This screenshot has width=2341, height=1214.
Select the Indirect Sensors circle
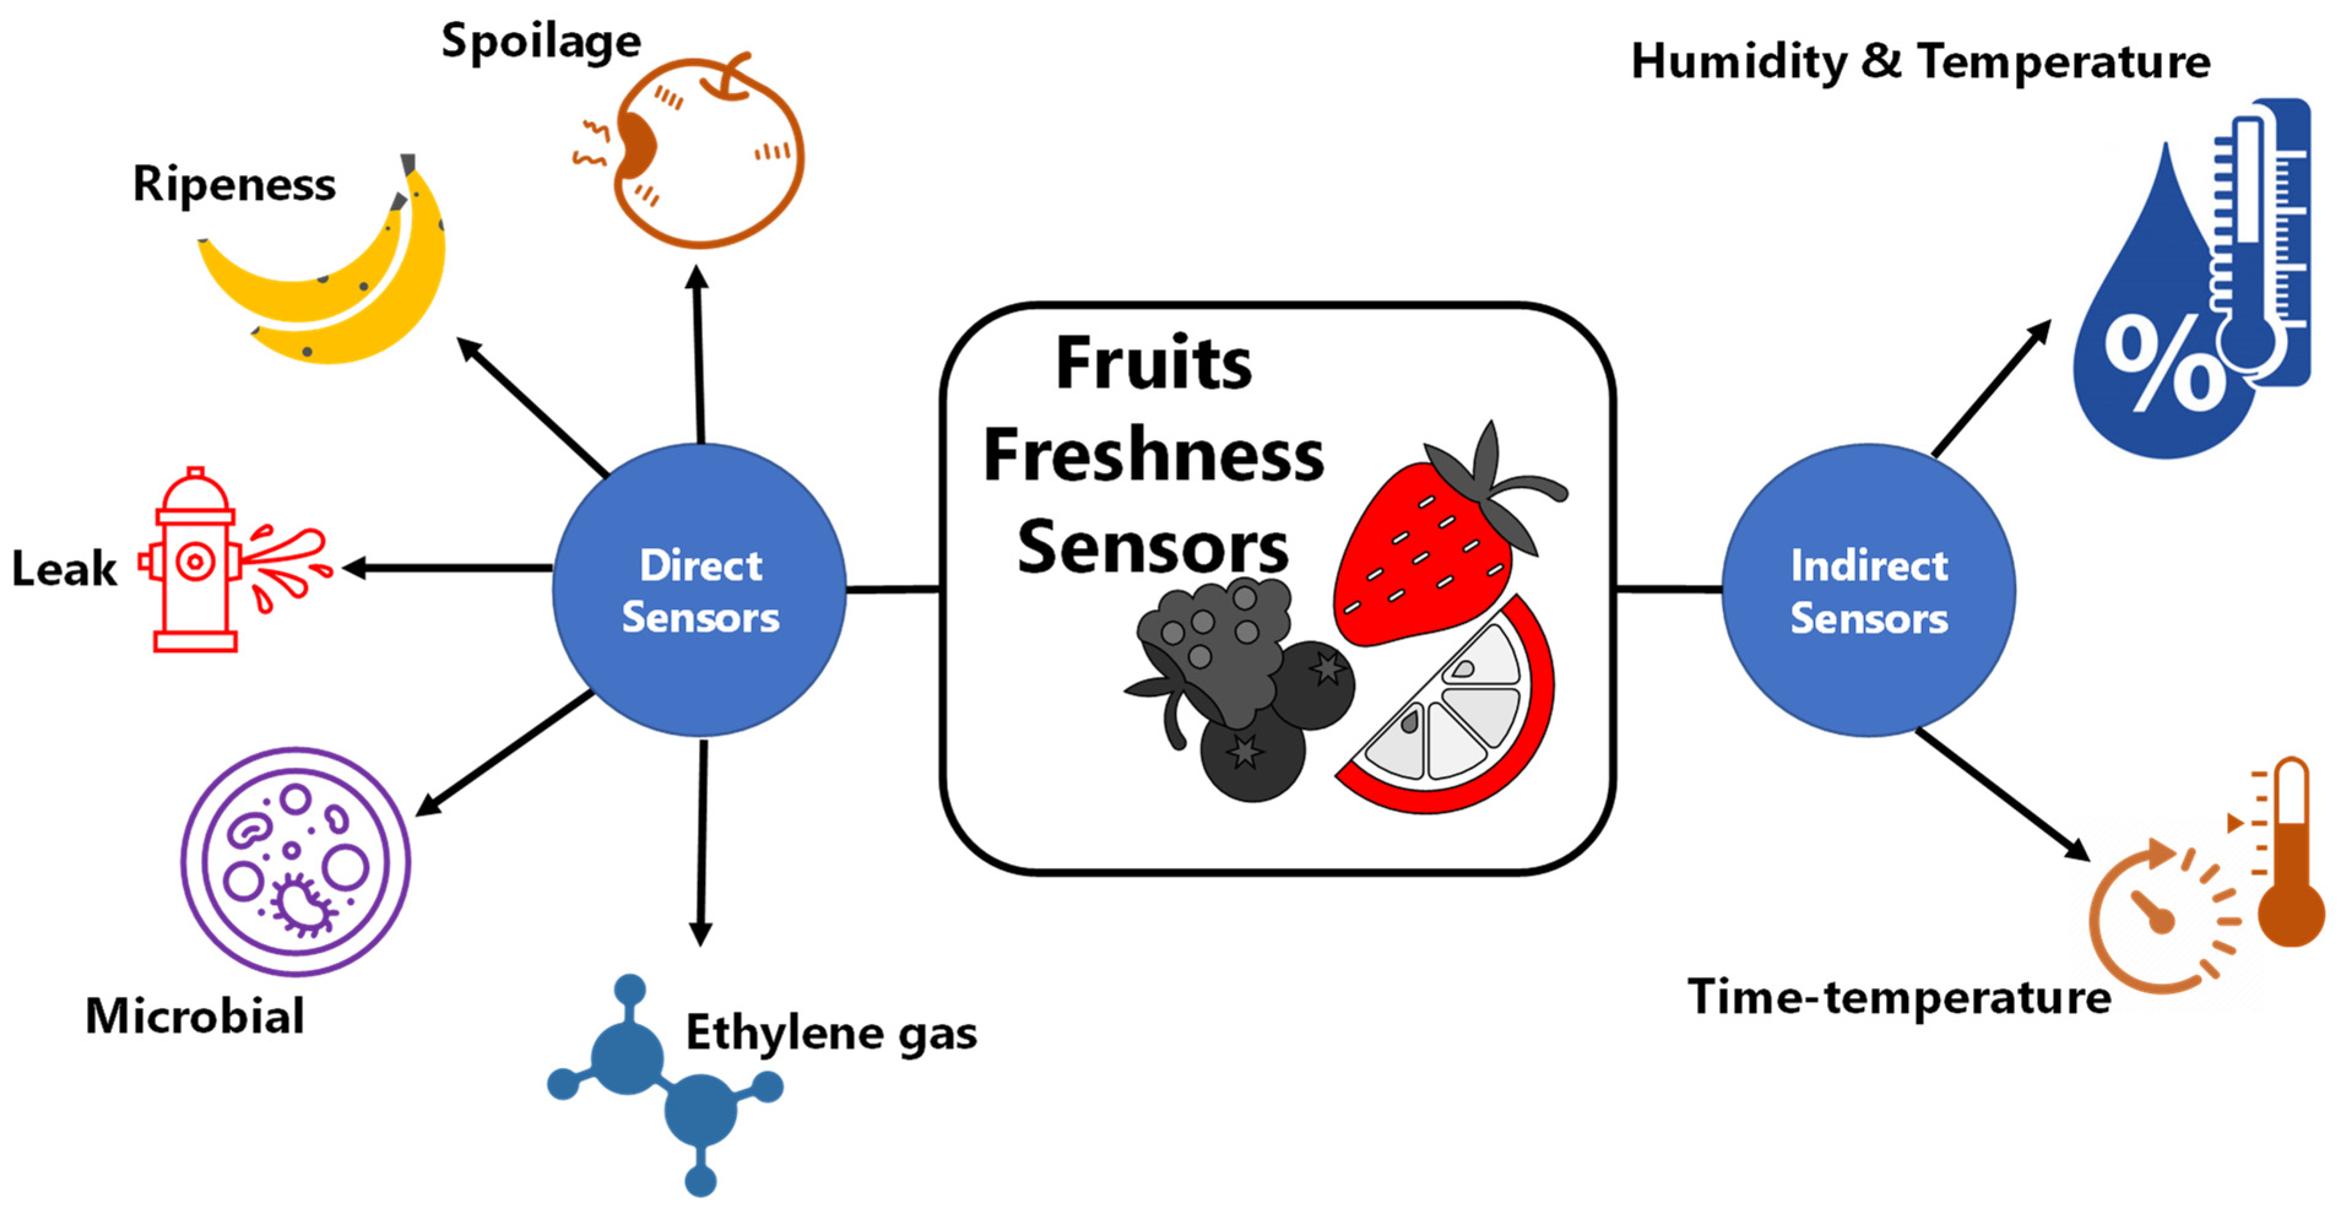click(x=1868, y=591)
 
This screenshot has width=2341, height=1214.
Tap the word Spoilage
click(x=542, y=42)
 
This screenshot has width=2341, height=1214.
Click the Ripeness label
click(x=234, y=184)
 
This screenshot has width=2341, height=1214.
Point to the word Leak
click(x=64, y=570)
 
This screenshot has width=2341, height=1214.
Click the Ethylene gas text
click(x=831, y=1033)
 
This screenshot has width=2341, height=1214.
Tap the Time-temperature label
click(x=1899, y=997)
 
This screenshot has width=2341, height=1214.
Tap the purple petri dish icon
click(x=295, y=862)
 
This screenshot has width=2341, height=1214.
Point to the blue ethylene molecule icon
click(x=663, y=1082)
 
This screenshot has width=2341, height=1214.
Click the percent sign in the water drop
click(x=2163, y=363)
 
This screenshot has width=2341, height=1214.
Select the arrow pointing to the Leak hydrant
click(x=445, y=569)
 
